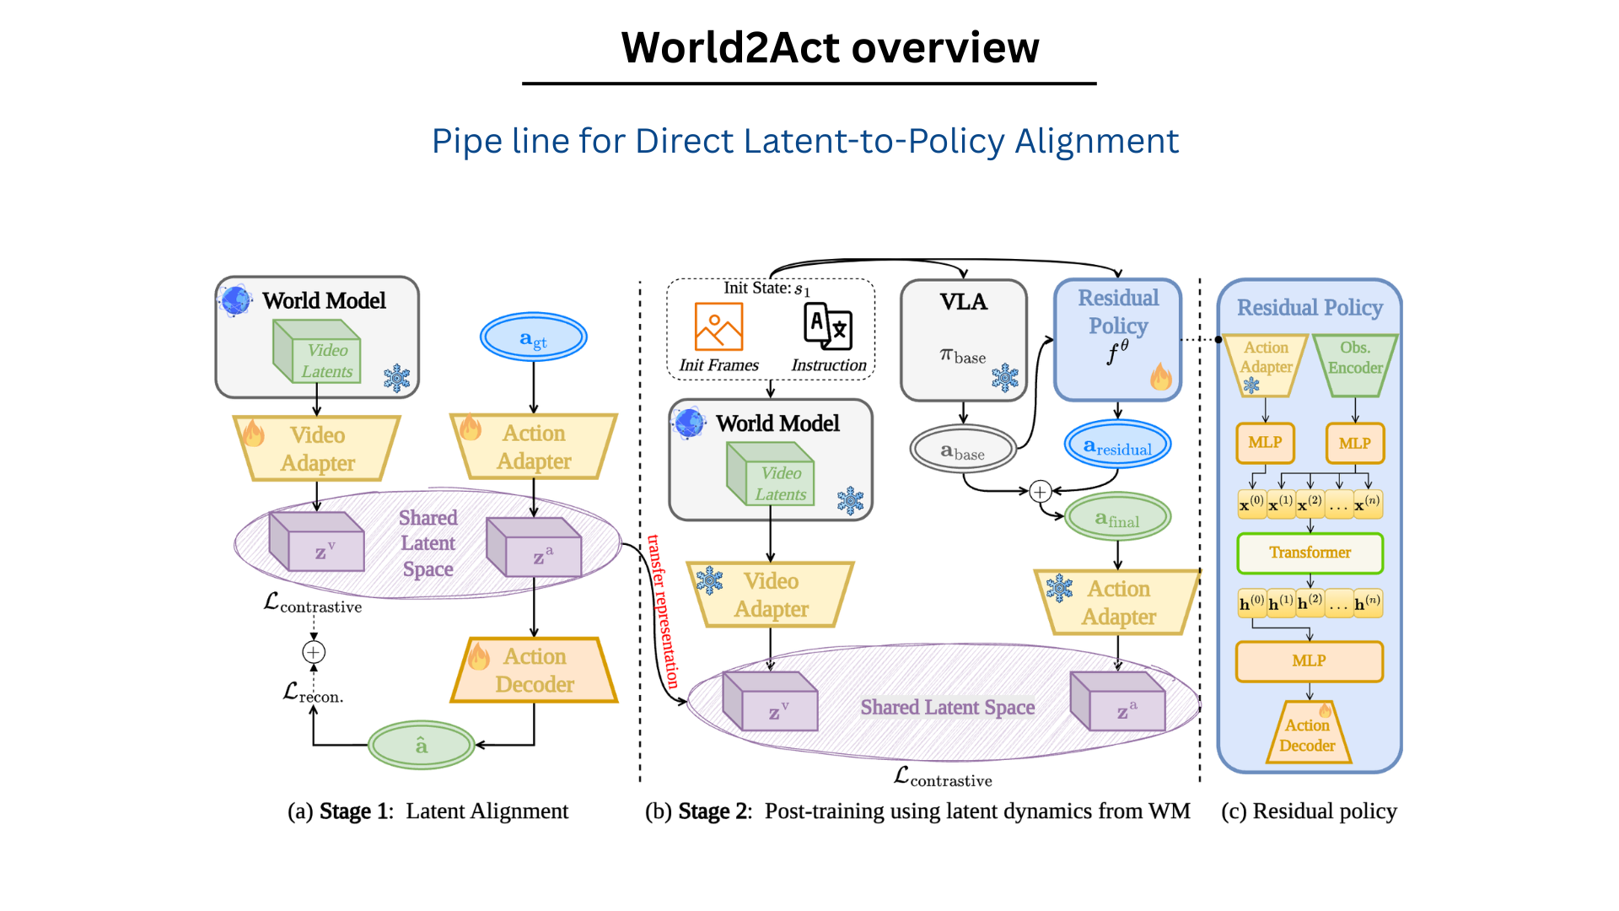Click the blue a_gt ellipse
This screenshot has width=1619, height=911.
[x=533, y=337]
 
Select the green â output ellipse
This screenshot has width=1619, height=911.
[x=422, y=745]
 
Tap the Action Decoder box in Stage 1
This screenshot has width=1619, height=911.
[x=535, y=671]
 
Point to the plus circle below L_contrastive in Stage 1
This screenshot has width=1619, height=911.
[x=314, y=652]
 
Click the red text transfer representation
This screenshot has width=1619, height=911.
[x=663, y=612]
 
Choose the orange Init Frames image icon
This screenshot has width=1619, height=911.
[x=718, y=326]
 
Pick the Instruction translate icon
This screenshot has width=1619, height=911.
[x=828, y=326]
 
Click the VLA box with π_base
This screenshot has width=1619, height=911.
[x=963, y=339]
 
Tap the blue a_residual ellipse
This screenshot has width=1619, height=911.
[x=1117, y=445]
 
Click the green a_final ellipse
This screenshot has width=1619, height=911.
[x=1117, y=517]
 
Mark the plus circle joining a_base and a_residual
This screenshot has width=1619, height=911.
[x=1041, y=491]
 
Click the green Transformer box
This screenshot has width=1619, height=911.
[x=1310, y=553]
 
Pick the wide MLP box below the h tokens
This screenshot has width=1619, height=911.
[x=1309, y=661]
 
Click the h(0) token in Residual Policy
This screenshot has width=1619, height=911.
[x=1251, y=603]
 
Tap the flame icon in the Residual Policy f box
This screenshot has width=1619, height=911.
[x=1161, y=376]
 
